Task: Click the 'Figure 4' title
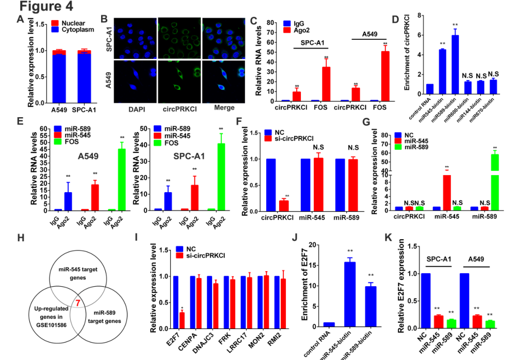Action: [46, 7]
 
